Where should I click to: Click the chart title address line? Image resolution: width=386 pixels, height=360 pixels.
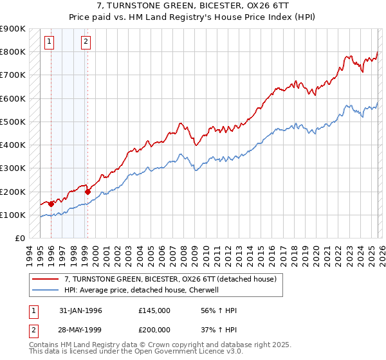pyautogui.click(x=192, y=6)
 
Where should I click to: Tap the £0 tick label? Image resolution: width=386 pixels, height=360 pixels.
pyautogui.click(x=19, y=239)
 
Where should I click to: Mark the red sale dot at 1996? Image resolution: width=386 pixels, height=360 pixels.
pyautogui.click(x=51, y=204)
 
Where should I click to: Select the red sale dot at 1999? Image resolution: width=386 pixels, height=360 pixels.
pyautogui.click(x=87, y=191)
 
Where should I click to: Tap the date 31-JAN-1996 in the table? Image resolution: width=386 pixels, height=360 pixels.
pyautogui.click(x=80, y=311)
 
